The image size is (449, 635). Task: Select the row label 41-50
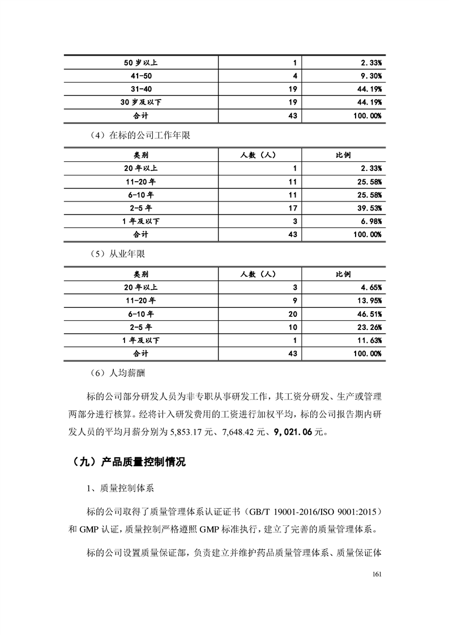(141, 75)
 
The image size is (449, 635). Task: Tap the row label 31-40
(141, 89)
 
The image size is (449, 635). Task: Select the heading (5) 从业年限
(118, 254)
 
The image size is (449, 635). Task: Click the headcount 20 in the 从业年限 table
(292, 314)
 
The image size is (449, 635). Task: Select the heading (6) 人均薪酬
(118, 373)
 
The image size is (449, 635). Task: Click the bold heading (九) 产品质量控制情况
(129, 462)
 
